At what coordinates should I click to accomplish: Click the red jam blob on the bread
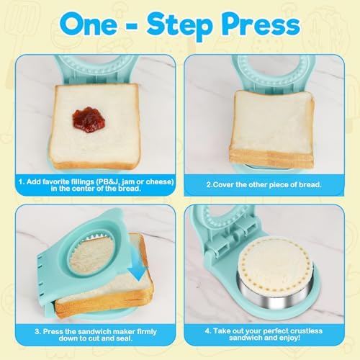(x=89, y=120)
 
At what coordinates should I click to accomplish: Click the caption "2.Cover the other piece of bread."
(x=264, y=184)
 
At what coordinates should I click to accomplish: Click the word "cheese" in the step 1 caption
(x=159, y=181)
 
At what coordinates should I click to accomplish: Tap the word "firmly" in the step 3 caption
(x=147, y=332)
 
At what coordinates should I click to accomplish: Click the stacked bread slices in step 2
(x=271, y=129)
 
